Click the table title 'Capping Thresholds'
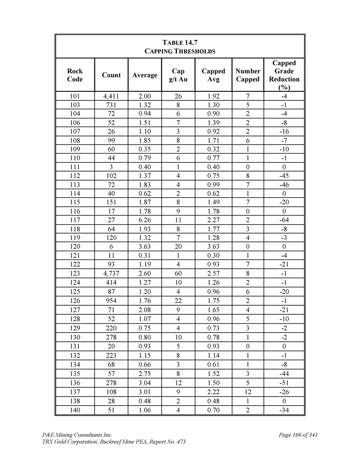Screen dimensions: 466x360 point(180,51)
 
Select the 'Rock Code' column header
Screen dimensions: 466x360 point(75,75)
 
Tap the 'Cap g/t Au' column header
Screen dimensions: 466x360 point(178,75)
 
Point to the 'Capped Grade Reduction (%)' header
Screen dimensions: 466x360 point(284,75)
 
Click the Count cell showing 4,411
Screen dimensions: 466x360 point(111,96)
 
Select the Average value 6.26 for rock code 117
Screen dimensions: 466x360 point(144,220)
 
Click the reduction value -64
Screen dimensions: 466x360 point(284,220)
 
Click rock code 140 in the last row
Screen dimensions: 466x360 point(75,410)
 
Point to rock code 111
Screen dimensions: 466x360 point(75,167)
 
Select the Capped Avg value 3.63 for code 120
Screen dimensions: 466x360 point(213,246)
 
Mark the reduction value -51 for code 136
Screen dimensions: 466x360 point(284,384)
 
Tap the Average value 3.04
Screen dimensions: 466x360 point(144,384)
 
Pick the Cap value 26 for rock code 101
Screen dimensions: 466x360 point(178,96)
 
